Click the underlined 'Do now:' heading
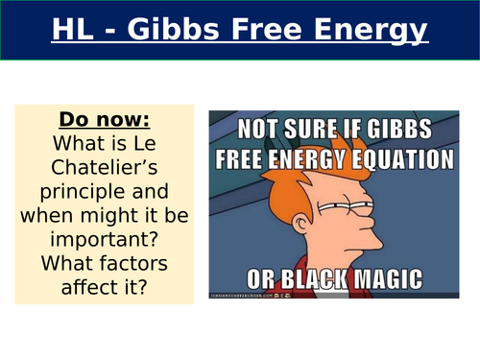104,120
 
